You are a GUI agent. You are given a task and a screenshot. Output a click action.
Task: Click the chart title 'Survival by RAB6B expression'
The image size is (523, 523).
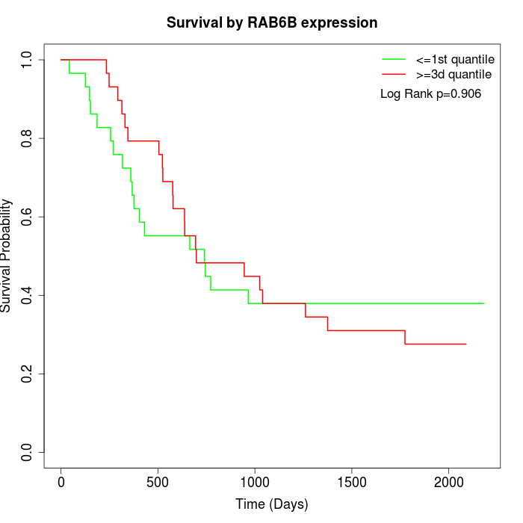(272, 22)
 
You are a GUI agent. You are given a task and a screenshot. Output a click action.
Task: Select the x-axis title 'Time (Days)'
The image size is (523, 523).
(272, 504)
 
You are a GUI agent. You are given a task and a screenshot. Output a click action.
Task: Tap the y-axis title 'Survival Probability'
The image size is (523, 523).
(7, 256)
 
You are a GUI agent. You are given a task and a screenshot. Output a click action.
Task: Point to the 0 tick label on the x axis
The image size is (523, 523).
(61, 482)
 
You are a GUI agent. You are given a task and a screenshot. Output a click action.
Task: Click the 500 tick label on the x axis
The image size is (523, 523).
(158, 482)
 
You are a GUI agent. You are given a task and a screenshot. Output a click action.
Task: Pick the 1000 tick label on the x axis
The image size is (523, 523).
(255, 482)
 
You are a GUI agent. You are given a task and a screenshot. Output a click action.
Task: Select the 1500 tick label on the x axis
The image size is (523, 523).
(351, 482)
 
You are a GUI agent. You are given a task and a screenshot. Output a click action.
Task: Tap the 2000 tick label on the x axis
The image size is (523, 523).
(448, 482)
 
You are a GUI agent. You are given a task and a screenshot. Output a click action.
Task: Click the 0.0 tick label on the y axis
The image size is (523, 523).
(28, 452)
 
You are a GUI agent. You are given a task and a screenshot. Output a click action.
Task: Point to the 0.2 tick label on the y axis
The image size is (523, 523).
(28, 374)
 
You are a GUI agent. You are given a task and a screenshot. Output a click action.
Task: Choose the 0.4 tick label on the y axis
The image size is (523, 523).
(28, 295)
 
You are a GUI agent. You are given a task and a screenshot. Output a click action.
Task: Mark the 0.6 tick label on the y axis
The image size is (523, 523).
(28, 217)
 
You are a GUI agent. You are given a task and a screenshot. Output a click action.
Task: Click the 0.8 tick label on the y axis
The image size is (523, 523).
(28, 138)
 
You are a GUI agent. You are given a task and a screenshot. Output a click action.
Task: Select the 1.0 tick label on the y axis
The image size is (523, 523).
(28, 60)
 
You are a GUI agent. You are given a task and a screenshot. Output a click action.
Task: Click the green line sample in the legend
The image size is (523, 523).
(394, 59)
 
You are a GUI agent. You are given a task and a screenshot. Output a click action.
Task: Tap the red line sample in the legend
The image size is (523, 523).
(394, 75)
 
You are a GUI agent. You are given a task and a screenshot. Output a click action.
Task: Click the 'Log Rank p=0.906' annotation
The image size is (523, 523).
(430, 94)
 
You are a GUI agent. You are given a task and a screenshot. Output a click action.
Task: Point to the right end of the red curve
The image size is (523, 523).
(466, 344)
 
